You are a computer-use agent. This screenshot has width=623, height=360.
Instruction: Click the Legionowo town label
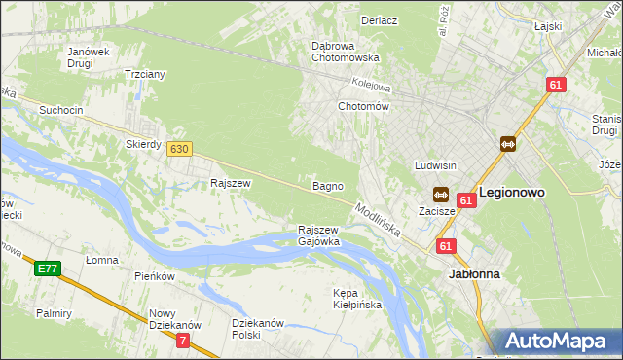511,193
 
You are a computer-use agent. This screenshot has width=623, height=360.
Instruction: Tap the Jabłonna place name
474,274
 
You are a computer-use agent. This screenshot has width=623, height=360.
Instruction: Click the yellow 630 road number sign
178,149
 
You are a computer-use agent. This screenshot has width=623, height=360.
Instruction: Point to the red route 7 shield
184,340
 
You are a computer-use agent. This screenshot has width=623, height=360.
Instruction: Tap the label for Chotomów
363,106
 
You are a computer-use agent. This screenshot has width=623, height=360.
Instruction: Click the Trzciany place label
145,74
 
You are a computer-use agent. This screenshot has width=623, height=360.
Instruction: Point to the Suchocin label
59,110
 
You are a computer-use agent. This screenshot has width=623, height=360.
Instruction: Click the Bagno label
327,185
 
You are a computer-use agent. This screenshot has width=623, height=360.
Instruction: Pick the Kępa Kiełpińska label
357,298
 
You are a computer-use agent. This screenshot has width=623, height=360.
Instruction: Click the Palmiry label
55,313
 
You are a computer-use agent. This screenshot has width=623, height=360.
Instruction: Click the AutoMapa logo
559,342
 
